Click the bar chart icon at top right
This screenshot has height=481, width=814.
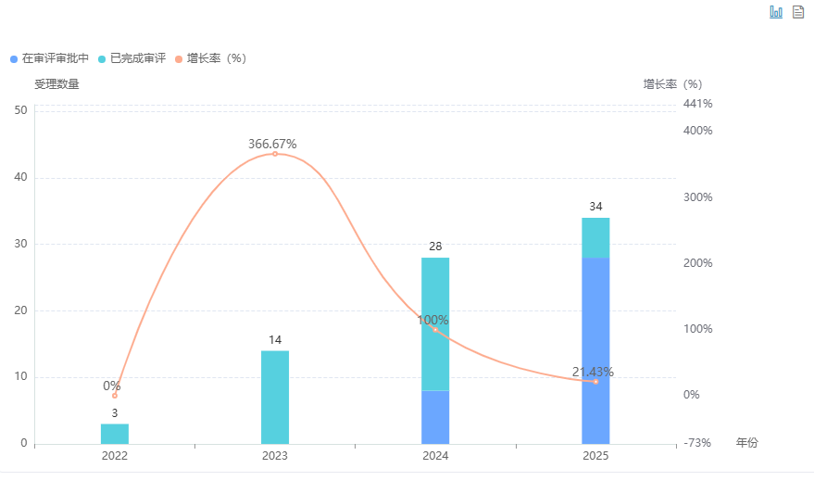776,12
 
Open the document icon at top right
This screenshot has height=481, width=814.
798,12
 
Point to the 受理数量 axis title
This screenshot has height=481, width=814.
56,84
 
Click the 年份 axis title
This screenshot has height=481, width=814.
746,443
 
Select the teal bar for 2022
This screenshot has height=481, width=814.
115,434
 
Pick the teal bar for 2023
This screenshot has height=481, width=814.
275,397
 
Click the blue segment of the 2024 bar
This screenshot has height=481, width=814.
435,417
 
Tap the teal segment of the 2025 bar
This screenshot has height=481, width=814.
595,237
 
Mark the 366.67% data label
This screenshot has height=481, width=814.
272,144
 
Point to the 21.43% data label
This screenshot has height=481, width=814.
593,372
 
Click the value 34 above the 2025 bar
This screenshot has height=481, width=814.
595,206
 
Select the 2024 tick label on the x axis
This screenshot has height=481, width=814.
435,456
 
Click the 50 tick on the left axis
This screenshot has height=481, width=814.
20,110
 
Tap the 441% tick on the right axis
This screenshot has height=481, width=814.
697,104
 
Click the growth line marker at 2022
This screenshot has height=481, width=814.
115,396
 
